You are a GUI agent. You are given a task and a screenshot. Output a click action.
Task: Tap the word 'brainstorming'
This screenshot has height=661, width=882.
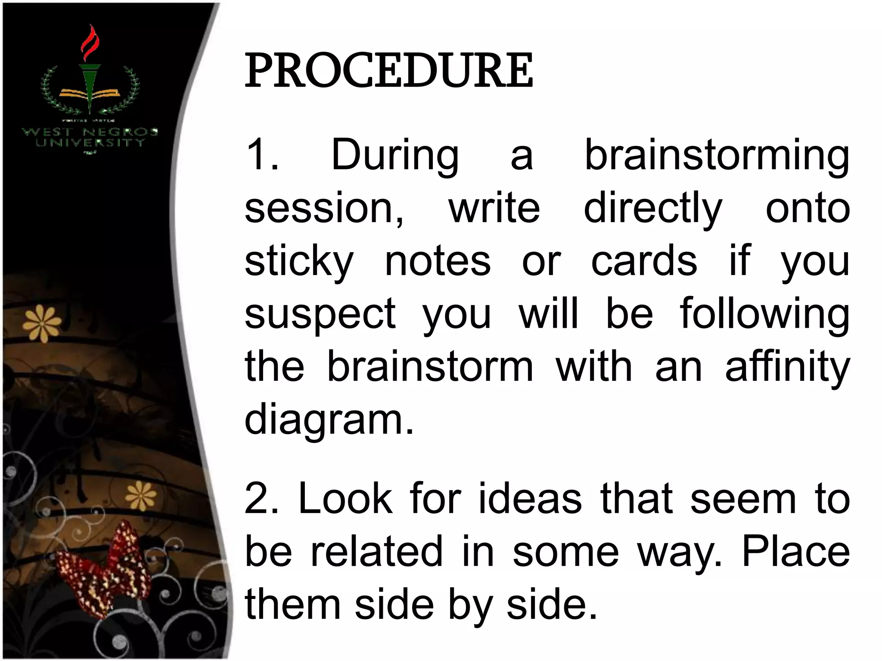click(717, 155)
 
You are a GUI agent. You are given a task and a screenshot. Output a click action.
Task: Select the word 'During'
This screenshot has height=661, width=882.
click(395, 155)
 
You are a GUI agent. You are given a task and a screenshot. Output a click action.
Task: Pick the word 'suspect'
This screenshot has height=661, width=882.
click(320, 315)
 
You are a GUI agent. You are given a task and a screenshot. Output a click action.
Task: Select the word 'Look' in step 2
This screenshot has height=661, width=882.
click(345, 499)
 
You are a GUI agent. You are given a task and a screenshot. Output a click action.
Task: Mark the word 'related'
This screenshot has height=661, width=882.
click(376, 552)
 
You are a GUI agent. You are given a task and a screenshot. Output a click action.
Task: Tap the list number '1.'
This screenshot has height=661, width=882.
click(262, 155)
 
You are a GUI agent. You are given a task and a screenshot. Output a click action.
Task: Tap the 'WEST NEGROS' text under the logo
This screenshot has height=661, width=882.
click(90, 132)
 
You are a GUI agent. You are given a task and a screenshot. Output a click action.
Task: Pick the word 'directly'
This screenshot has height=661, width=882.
click(652, 209)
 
